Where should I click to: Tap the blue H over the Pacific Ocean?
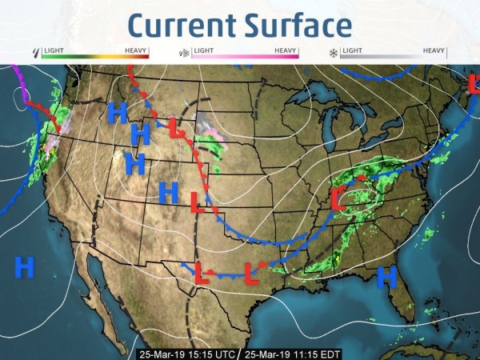tap(25, 266)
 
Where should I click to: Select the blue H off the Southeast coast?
tap(387, 277)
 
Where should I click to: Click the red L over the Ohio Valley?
tap(338, 198)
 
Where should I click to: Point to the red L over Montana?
tap(178, 127)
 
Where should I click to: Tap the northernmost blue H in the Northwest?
tap(117, 112)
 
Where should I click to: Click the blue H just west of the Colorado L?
tap(168, 192)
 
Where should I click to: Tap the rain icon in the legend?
tap(35, 52)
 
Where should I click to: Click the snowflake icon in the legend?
tap(333, 53)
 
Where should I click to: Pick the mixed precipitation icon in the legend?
tap(183, 53)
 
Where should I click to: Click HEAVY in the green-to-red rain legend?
tap(137, 50)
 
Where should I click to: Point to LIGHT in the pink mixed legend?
tap(203, 50)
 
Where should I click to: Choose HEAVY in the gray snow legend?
tap(434, 50)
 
